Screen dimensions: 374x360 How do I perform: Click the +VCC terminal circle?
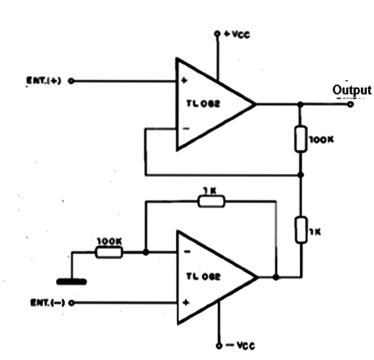point(217,33)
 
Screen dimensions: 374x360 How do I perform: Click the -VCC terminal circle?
point(219,346)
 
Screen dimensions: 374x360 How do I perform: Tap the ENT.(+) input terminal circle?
point(71,81)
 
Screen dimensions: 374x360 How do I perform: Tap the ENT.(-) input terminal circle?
point(71,303)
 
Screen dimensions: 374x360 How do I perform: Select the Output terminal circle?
point(350,104)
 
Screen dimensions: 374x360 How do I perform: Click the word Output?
point(352,90)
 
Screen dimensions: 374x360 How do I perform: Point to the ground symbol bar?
point(72,282)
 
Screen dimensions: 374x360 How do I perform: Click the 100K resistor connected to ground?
point(109,252)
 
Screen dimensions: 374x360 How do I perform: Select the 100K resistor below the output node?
point(300,139)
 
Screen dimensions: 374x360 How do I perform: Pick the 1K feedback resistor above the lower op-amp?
point(211,202)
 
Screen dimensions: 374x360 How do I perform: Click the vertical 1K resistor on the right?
point(301,230)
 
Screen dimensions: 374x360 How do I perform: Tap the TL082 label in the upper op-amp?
point(203,103)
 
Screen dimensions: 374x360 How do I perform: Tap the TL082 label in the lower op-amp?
point(203,276)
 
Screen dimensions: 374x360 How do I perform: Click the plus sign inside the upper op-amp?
point(184,80)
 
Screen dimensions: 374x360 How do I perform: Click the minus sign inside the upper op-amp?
point(186,129)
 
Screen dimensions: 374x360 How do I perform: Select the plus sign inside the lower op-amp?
point(186,303)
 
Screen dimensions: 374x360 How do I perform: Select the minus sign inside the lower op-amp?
point(187,252)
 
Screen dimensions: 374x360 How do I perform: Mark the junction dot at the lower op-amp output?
point(276,277)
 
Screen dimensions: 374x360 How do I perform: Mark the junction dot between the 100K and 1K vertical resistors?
point(301,175)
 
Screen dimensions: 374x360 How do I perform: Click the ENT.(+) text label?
point(44,81)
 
